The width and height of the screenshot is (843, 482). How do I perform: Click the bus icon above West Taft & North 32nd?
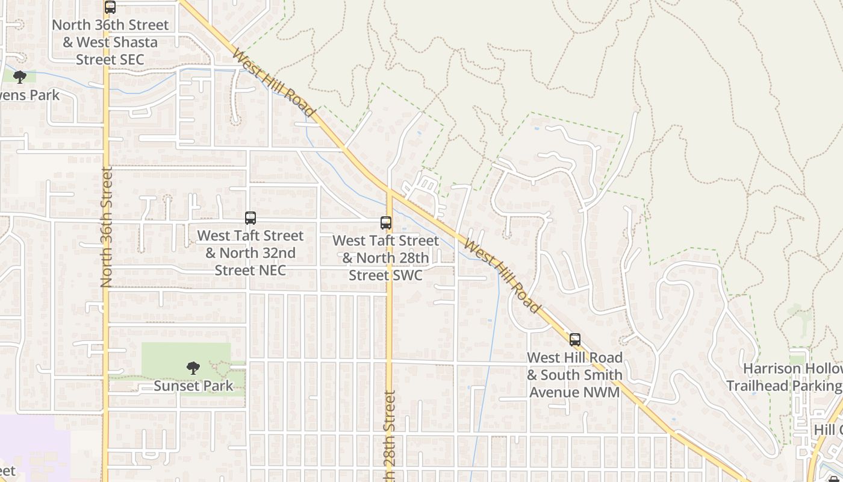[x=250, y=218]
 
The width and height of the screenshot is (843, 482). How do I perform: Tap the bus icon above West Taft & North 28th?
[x=386, y=223]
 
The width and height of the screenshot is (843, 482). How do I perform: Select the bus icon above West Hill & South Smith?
[x=575, y=340]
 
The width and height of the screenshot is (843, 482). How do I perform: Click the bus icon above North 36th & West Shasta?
[x=110, y=7]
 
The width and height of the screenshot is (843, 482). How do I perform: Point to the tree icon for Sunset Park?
[x=193, y=368]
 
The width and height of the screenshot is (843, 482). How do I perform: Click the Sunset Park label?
[x=193, y=386]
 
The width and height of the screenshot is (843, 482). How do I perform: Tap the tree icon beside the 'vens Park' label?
[x=20, y=77]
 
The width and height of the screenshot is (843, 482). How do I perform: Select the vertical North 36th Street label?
[x=107, y=227]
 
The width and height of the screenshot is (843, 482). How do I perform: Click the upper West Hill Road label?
[x=273, y=84]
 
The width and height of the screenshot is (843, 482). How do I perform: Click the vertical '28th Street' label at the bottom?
[x=389, y=437]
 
